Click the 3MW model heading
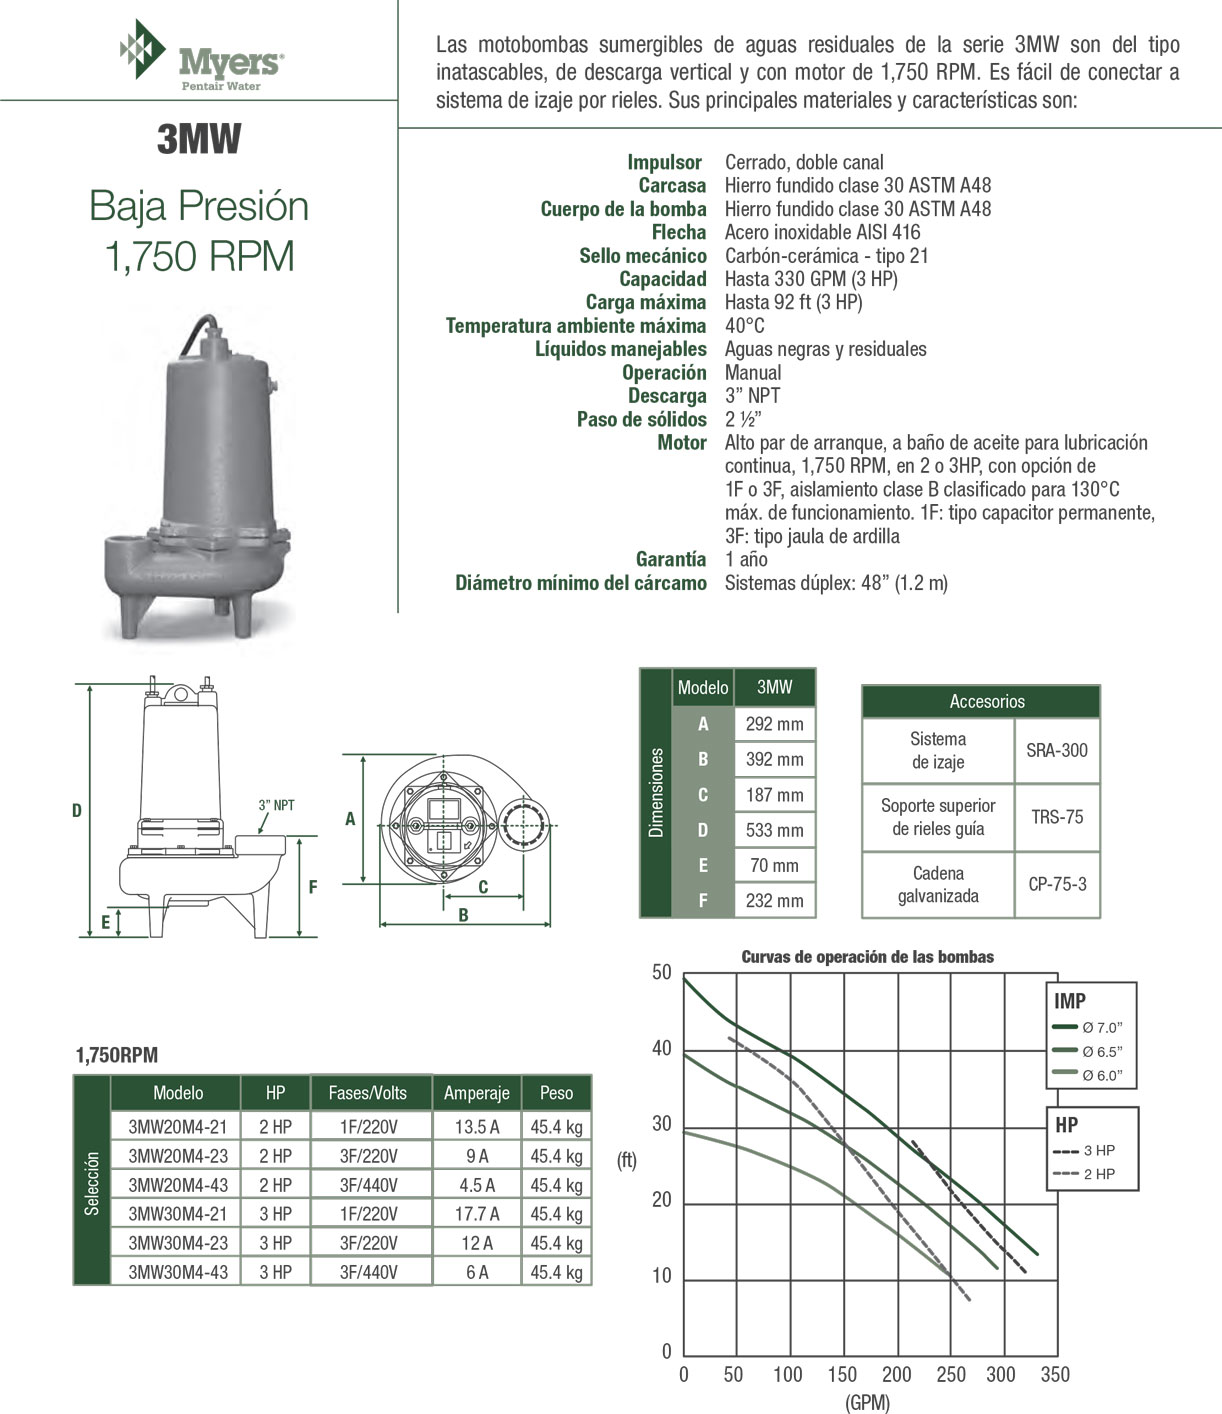(199, 140)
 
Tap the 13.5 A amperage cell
(477, 1127)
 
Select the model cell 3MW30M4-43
(178, 1272)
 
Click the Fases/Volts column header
(368, 1093)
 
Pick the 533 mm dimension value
(774, 830)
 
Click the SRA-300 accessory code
(1057, 750)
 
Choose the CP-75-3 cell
(1057, 884)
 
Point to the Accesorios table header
(986, 702)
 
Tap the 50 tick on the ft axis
(662, 973)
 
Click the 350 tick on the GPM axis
(1055, 1375)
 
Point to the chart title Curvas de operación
(867, 957)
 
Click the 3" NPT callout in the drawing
(276, 805)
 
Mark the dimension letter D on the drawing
(77, 811)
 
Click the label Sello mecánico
(642, 256)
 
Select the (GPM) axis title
(867, 1402)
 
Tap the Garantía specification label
(670, 560)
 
